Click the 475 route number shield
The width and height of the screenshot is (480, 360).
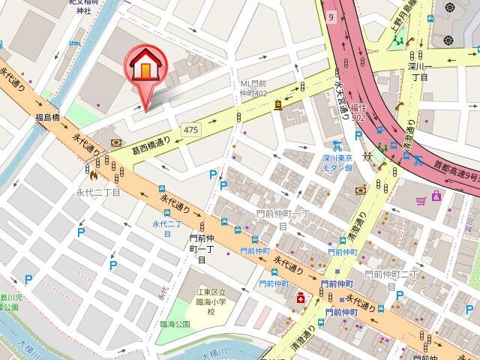(190, 130)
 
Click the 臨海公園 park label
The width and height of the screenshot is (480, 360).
(175, 324)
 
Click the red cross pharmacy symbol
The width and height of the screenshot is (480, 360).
(301, 298)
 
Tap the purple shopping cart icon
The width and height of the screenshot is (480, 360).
(438, 198)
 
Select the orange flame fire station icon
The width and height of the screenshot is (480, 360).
(92, 178)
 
